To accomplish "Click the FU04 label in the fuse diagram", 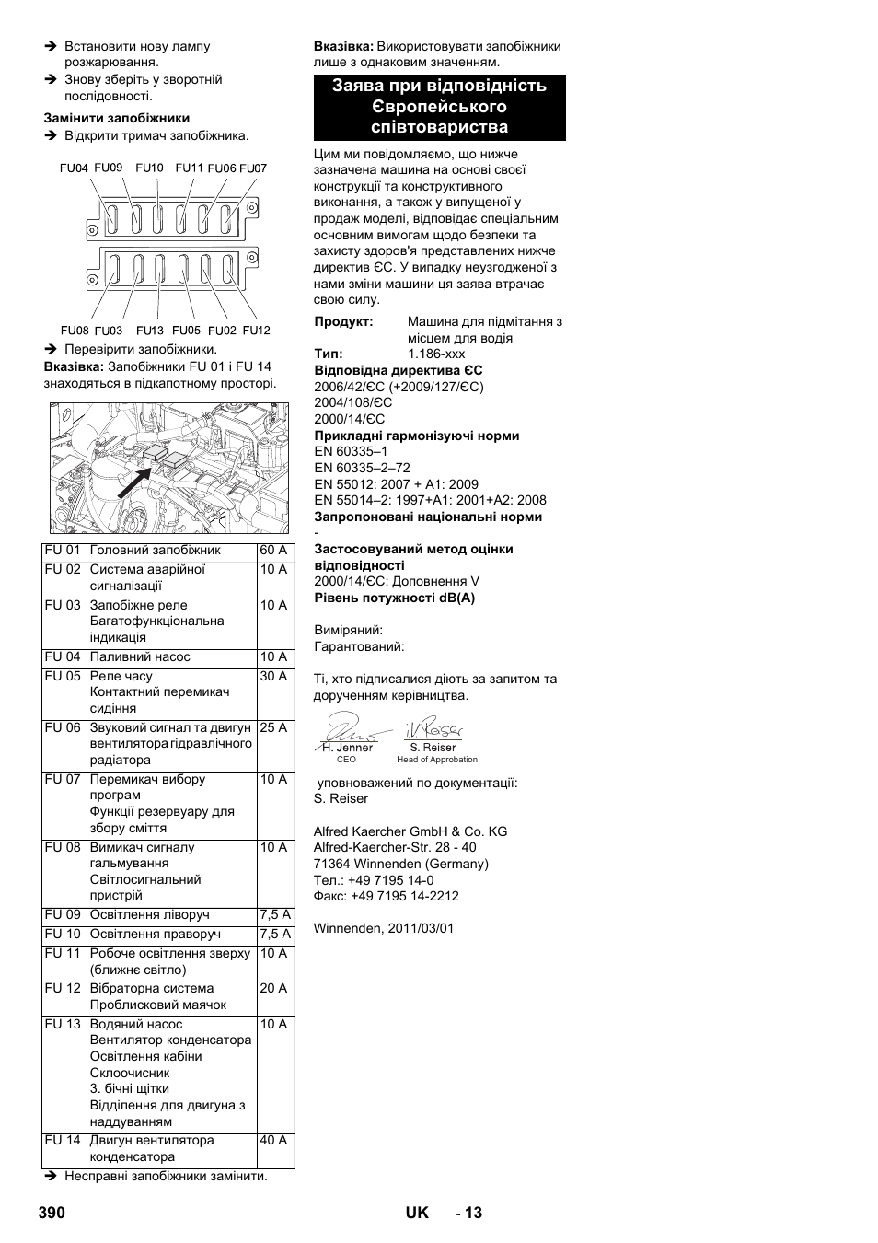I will pos(74,168).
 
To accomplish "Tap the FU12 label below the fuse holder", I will pos(257,331).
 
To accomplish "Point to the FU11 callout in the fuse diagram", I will pos(190,168).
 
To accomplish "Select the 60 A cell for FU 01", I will pos(273,551).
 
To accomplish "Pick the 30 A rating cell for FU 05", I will pos(273,677).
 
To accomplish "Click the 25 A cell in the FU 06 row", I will pos(273,728).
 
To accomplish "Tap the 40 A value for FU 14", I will pos(273,1141).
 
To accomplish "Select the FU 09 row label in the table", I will pos(63,915).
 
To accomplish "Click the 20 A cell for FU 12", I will pos(273,989).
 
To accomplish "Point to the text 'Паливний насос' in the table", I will pos(140,657).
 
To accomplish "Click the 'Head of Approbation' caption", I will pos(437,760).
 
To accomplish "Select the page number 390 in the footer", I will pos(52,1213).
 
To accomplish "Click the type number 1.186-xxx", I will pos(436,354).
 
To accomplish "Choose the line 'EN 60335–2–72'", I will pos(363,468).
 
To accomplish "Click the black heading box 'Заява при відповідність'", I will pos(439,107).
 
